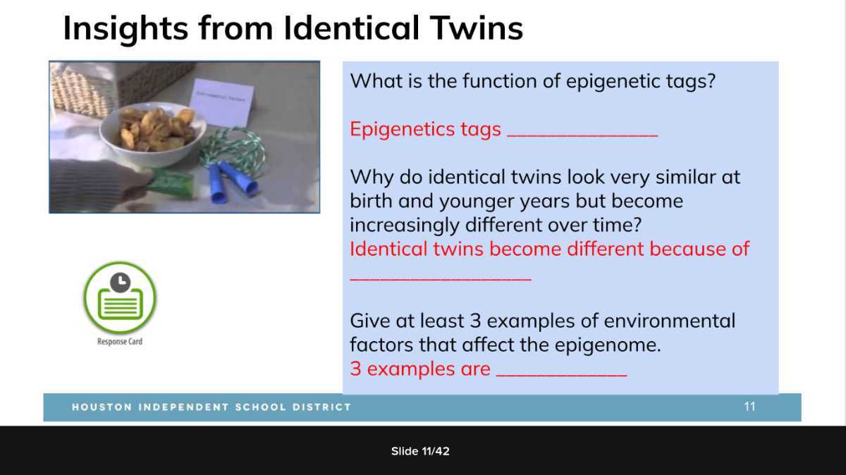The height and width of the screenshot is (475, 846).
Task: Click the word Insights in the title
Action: [124, 29]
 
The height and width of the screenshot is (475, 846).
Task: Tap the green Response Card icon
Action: [120, 297]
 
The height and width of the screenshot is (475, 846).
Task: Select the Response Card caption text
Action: [120, 342]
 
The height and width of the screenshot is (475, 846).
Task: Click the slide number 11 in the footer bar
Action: [749, 407]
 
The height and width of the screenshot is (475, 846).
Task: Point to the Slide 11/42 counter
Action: [420, 451]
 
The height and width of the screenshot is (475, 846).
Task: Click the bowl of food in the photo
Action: [152, 129]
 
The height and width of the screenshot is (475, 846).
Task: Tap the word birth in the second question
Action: [371, 201]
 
